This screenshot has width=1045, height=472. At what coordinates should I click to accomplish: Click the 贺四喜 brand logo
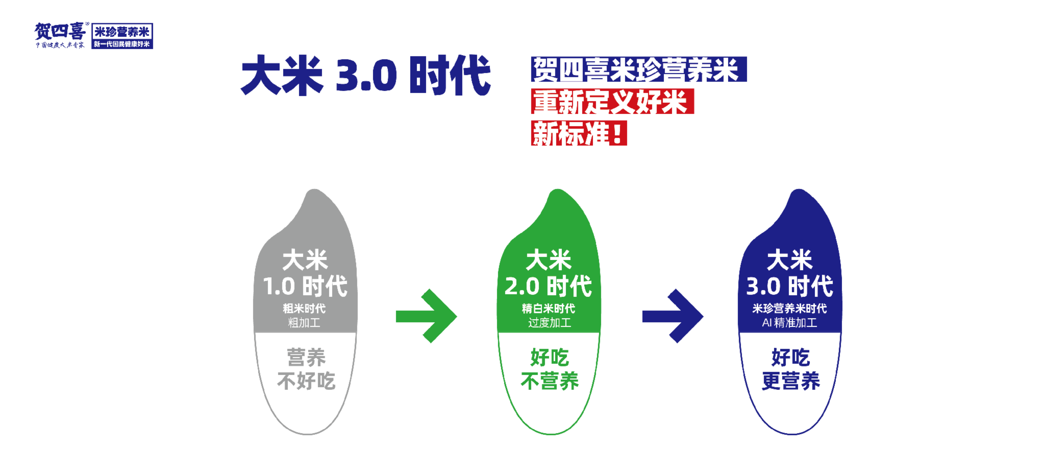[x=60, y=35]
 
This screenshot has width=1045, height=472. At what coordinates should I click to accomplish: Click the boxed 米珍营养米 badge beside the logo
[x=122, y=36]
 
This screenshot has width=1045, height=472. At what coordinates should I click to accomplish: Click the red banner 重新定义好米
[x=612, y=101]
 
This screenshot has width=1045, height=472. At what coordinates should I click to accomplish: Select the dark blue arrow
[x=673, y=316]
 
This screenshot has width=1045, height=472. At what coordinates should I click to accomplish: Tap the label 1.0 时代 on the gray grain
[x=305, y=286]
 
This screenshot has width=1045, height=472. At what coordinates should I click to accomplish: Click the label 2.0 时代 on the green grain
[x=548, y=286]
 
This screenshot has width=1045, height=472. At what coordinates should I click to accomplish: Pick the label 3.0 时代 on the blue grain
[x=789, y=286]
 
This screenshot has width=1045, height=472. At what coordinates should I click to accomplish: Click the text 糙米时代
[x=304, y=308]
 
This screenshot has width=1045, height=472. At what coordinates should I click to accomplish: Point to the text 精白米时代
[x=548, y=308]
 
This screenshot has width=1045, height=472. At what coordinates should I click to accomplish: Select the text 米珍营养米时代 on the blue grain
[x=789, y=308]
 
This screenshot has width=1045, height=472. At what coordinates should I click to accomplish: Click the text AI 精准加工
[x=789, y=323]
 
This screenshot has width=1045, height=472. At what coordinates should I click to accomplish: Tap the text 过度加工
[x=549, y=323]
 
